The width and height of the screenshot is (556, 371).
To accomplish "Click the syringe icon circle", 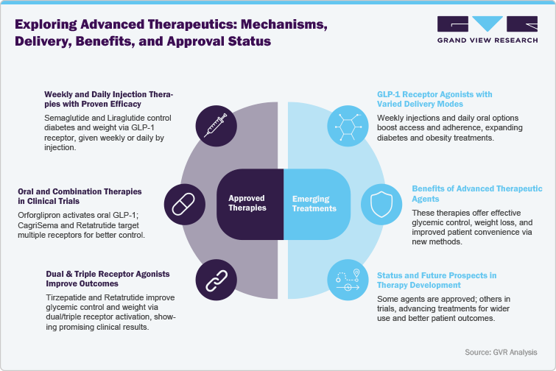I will tap(217, 125).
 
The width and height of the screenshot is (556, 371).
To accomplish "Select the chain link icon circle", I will tap(217, 278).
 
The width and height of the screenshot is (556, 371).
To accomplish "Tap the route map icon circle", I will tap(347, 278).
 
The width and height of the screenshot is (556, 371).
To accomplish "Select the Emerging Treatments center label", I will tap(314, 202).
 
